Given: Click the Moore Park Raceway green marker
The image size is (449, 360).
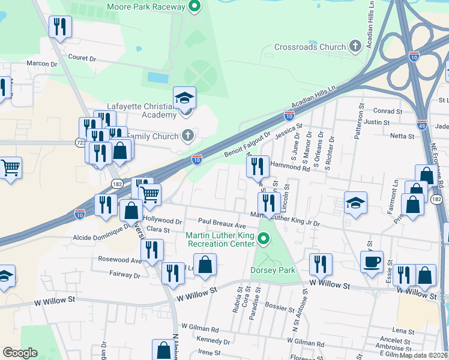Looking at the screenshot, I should click(194, 7).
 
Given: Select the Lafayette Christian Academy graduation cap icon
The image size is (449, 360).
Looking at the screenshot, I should click(185, 97).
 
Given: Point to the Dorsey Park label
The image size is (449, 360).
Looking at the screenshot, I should click(273, 270).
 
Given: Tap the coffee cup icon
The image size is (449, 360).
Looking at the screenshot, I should click(372, 261).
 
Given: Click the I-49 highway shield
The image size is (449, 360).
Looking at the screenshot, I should click(423, 125).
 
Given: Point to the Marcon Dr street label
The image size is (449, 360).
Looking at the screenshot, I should click(41, 64).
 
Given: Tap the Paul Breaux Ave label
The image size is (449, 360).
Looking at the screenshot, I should click(223, 221).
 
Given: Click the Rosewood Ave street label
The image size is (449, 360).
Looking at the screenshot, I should click(121, 260).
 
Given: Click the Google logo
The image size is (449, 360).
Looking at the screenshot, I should click(20, 353).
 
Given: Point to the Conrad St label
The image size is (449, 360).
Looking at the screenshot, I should click(387, 111).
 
